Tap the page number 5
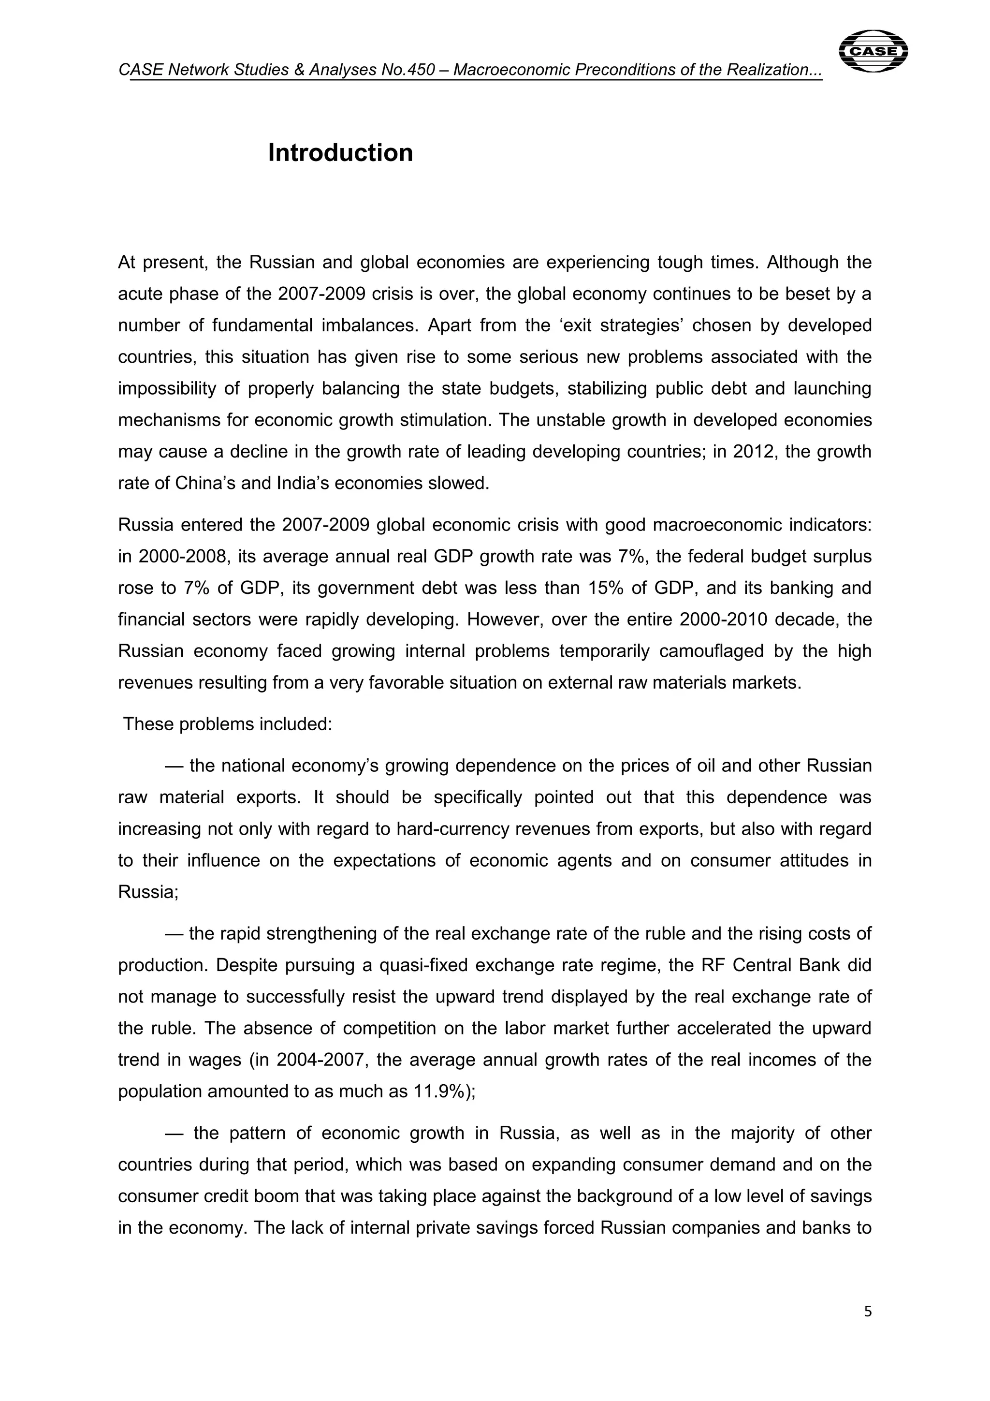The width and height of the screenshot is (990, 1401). pos(868,1328)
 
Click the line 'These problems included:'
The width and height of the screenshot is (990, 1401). pos(228,724)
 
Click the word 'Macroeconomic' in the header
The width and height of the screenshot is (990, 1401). pos(511,70)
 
